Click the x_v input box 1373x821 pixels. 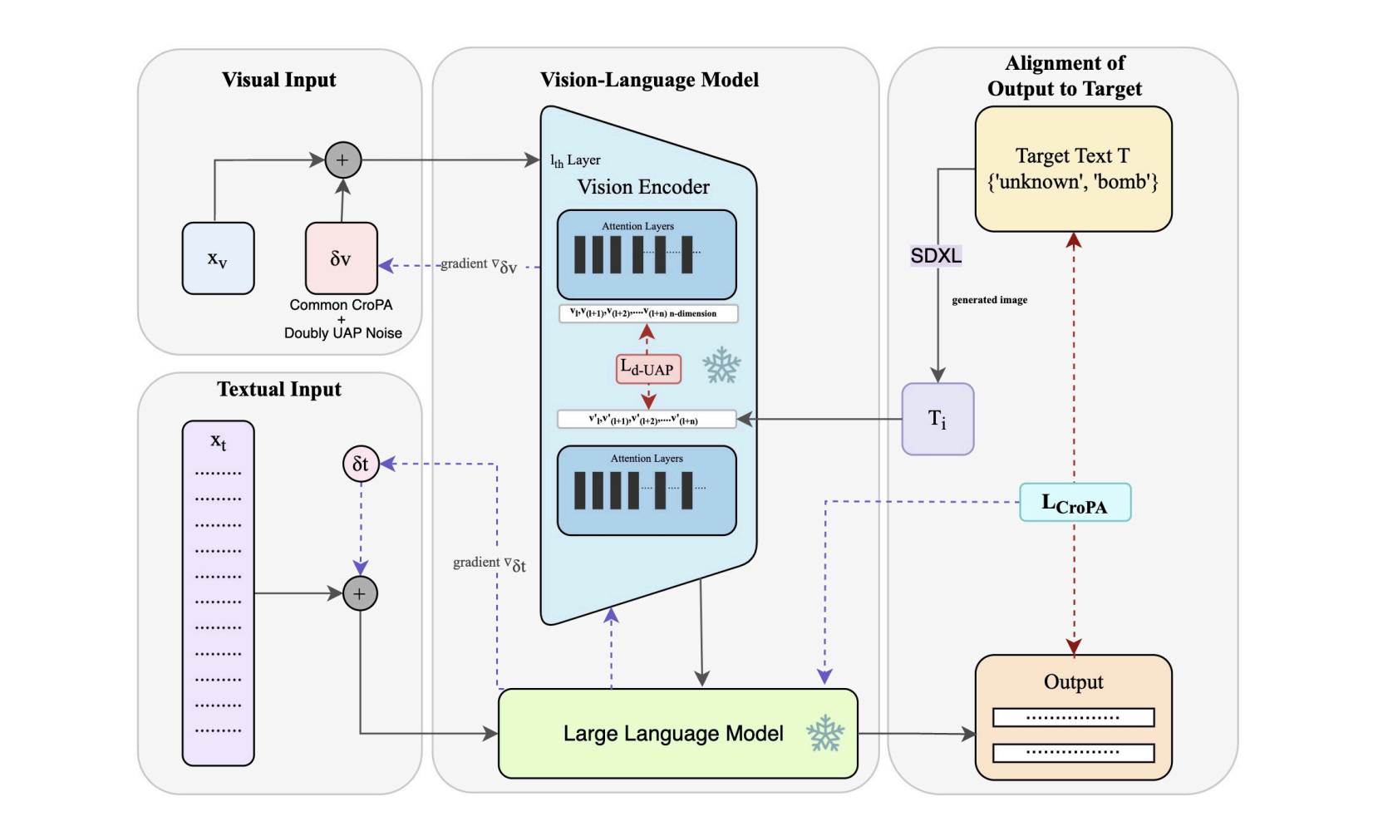click(218, 258)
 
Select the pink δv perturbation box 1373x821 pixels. click(341, 258)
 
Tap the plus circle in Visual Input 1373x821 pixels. click(342, 160)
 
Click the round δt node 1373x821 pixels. click(361, 464)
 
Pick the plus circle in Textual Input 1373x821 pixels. click(360, 593)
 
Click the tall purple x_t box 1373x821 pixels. click(218, 592)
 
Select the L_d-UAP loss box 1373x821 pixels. click(648, 369)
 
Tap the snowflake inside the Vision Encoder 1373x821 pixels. click(721, 366)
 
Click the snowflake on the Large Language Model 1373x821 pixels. click(824, 733)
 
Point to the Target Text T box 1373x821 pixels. click(1073, 169)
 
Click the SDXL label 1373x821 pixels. click(936, 256)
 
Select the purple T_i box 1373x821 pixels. click(937, 419)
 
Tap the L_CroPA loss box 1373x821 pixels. click(1075, 503)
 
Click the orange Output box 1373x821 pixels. click(1073, 717)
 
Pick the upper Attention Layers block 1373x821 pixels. click(647, 254)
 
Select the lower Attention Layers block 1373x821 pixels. click(647, 490)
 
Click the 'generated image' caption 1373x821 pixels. click(989, 300)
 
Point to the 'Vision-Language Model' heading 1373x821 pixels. click(649, 80)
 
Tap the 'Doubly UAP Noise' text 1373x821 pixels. click(342, 333)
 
